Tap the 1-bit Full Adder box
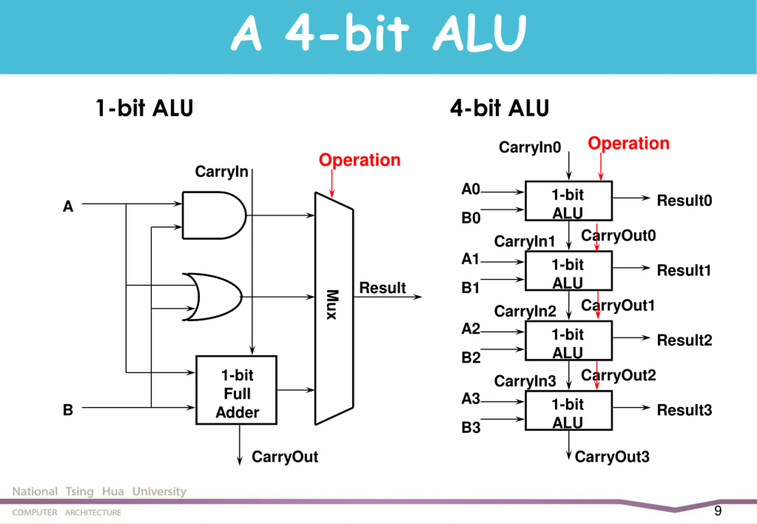pos(236,390)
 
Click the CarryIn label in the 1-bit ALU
pos(221,172)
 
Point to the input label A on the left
pos(68,206)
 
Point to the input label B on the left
pos(68,410)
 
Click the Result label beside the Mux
pos(382,288)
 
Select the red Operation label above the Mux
pos(360,160)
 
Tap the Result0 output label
pos(685,200)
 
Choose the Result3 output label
pos(685,410)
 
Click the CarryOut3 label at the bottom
pos(612,457)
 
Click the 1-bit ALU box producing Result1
pos(569,271)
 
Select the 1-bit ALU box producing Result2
pos(569,341)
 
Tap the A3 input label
pos(471,399)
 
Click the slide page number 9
pos(718,510)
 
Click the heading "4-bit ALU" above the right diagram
pos(499,108)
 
